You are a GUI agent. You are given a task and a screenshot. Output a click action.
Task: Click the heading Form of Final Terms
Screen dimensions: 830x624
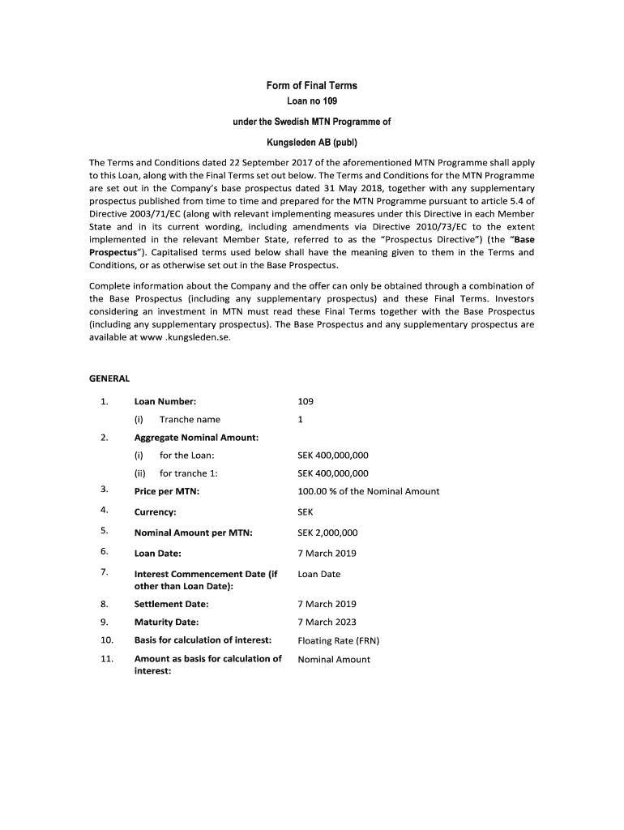coord(312,86)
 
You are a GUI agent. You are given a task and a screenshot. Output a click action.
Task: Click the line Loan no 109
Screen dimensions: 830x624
coord(312,101)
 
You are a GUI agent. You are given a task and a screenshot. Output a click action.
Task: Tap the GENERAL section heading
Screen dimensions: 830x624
coord(109,379)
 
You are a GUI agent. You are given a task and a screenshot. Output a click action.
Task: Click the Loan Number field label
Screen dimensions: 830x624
coord(165,401)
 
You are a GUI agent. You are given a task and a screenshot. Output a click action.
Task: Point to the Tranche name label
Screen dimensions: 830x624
coord(190,419)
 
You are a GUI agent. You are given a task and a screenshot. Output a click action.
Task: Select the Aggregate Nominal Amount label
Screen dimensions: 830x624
coord(196,438)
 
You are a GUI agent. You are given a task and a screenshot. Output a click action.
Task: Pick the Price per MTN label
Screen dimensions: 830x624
coord(166,491)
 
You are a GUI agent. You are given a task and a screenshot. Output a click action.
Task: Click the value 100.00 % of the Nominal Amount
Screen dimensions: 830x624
coord(368,491)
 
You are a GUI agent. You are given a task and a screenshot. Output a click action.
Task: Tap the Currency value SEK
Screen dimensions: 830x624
coord(306,512)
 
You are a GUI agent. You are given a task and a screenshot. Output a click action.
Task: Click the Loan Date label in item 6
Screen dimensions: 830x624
coord(157,554)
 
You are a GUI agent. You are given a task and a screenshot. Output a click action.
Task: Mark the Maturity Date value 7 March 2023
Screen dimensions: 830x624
coord(327,622)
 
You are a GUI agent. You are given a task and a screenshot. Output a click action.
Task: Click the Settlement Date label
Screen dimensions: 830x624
coord(171,604)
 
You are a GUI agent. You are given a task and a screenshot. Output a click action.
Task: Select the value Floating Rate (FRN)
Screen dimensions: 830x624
coord(338,640)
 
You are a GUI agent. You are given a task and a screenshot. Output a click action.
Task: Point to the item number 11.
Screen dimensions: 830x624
coord(105,659)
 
